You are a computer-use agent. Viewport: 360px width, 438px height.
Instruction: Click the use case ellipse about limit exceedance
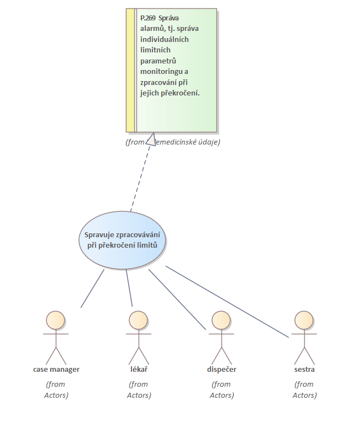click(122, 241)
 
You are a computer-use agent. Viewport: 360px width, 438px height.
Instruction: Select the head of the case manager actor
click(56, 319)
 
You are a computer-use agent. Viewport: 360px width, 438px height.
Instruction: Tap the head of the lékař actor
click(139, 319)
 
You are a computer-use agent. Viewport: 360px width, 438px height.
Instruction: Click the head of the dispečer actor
click(221, 319)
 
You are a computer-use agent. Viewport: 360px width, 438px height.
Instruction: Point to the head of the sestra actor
click(304, 319)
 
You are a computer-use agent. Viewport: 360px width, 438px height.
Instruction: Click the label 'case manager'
click(56, 369)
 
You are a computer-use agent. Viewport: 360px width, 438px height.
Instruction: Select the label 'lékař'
click(139, 369)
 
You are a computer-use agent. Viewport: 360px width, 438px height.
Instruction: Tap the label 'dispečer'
click(221, 369)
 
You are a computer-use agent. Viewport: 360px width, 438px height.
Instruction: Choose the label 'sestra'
click(304, 369)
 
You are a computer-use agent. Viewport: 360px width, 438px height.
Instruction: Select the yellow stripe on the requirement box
click(130, 70)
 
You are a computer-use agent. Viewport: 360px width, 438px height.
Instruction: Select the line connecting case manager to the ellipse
click(92, 288)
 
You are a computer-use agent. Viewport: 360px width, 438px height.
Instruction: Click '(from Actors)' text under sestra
click(304, 389)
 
